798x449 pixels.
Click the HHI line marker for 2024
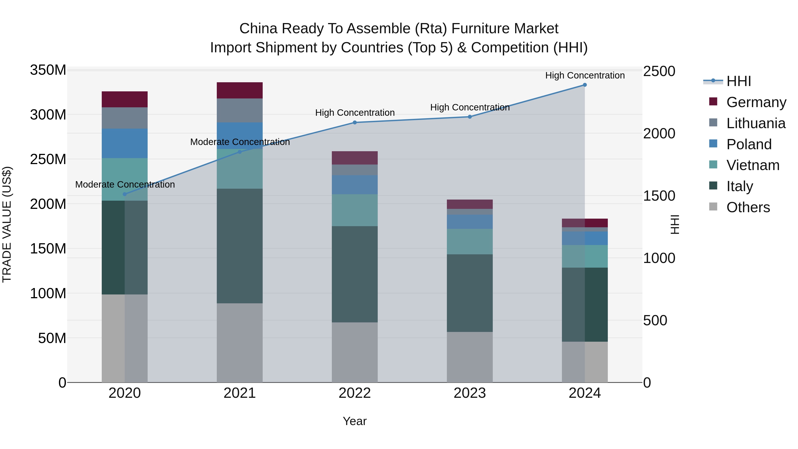585,85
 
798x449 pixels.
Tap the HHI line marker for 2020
125,194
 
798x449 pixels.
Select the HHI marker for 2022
355,122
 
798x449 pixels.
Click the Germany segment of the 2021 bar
239,90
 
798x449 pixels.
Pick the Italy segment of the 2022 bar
355,274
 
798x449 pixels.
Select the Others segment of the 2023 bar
470,357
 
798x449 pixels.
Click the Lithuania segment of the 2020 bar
125,118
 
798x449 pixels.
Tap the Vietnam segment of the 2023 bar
470,242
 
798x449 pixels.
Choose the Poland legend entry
749,144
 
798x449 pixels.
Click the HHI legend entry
739,81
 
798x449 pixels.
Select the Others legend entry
748,207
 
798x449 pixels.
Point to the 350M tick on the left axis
48,70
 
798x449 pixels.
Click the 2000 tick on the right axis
659,133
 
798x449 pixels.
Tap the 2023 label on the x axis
470,393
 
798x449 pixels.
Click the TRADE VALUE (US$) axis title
7,224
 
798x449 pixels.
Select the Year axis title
355,421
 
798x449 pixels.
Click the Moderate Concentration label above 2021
240,142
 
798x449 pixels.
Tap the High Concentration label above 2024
585,75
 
